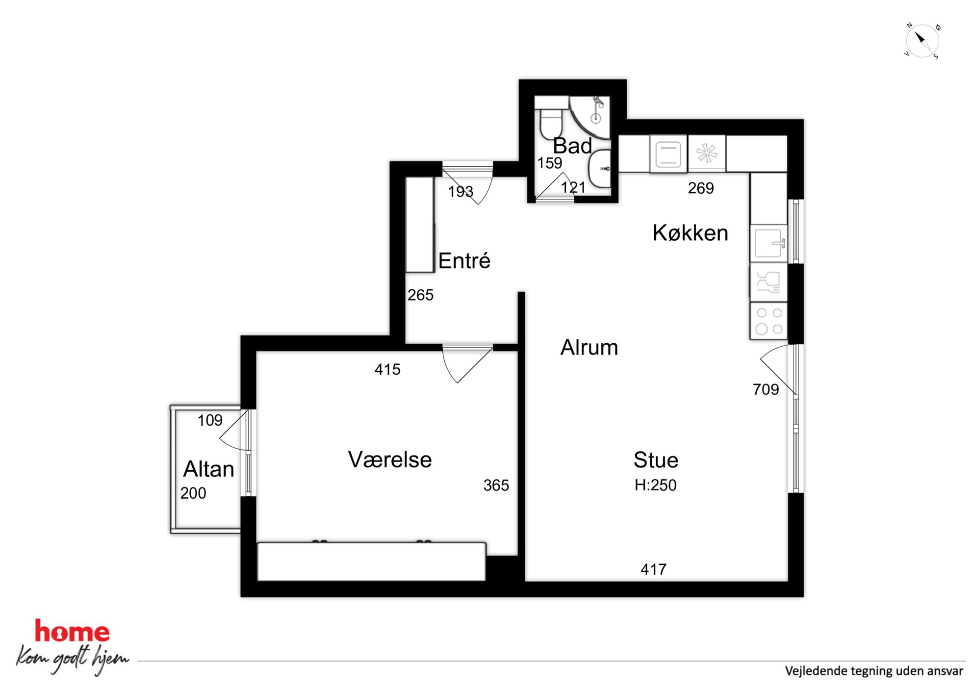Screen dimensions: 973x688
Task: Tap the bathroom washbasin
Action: tap(600, 169)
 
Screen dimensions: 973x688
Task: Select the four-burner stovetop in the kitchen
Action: tap(768, 321)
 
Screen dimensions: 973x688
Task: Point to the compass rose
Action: tap(922, 41)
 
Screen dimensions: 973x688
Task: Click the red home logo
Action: tap(72, 631)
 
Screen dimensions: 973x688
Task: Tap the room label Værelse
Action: tap(390, 459)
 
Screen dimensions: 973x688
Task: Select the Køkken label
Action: tap(690, 233)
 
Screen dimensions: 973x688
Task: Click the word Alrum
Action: tap(589, 347)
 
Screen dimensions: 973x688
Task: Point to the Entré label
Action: tap(464, 260)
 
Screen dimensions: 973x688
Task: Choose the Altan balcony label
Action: tap(208, 469)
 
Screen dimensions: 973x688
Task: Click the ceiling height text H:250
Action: tap(655, 485)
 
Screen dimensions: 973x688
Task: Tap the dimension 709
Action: tap(766, 389)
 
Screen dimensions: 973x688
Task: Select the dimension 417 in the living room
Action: tap(653, 569)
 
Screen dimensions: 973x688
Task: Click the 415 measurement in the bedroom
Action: tap(387, 369)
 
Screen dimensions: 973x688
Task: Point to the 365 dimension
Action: tap(496, 485)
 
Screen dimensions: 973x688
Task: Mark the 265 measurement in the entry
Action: tap(420, 295)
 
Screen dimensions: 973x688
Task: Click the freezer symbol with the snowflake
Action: tap(707, 153)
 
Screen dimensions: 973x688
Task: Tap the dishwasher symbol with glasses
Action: tap(768, 282)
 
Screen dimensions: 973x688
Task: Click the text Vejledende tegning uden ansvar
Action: tap(874, 671)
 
